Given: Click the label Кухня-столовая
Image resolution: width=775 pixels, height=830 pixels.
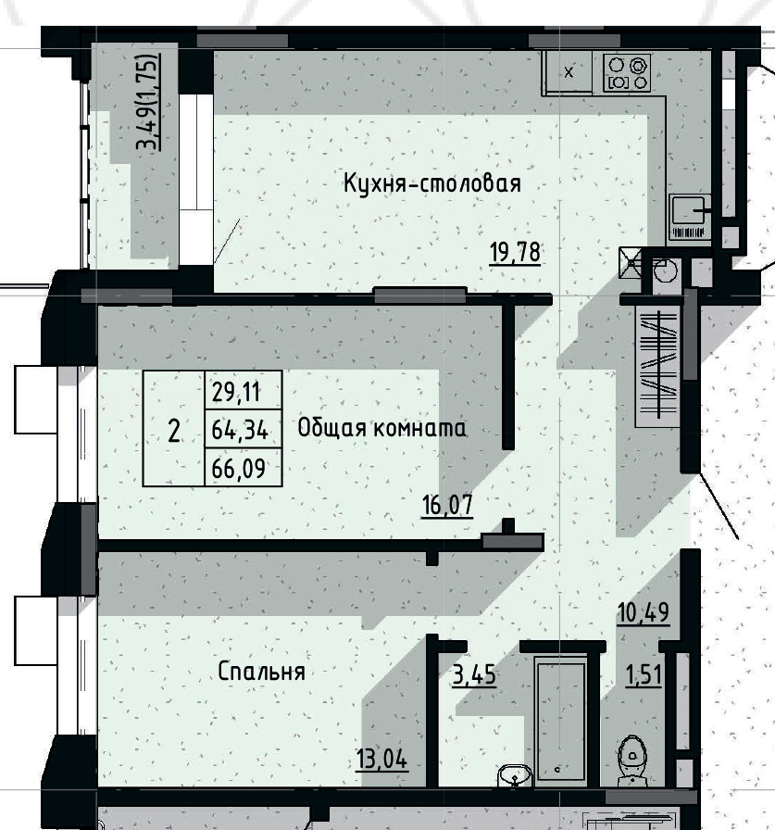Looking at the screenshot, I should (431, 183).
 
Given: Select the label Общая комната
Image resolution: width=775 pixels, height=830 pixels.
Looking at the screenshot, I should (381, 429).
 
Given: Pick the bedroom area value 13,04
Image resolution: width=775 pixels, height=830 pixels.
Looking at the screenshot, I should (381, 761).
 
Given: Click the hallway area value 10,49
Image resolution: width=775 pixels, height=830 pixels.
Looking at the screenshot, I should (644, 612).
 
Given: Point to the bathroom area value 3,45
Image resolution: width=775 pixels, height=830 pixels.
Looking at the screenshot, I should (474, 675).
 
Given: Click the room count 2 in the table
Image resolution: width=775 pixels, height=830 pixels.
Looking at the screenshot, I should (173, 431).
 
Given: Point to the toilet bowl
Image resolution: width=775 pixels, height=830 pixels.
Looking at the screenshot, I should (632, 758).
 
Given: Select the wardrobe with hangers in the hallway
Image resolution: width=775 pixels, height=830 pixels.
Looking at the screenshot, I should (658, 364).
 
